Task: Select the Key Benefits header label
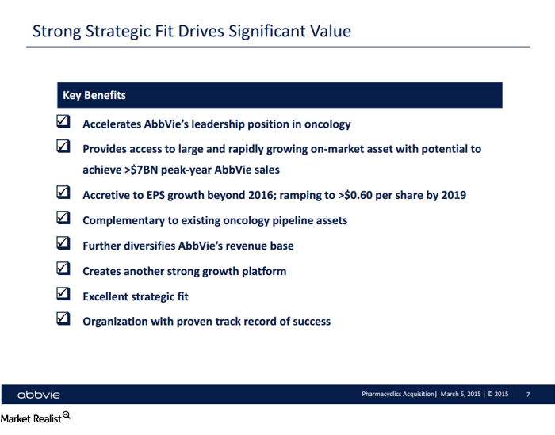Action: click(x=94, y=95)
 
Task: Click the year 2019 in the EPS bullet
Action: click(x=452, y=195)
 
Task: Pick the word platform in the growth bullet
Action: click(x=262, y=271)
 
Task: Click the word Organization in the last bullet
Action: click(x=118, y=322)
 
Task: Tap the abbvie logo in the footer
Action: click(x=39, y=395)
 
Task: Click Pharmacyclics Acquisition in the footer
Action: click(x=397, y=394)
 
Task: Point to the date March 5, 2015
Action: click(x=460, y=394)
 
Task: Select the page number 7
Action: click(x=528, y=394)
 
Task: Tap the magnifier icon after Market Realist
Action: click(x=67, y=415)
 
